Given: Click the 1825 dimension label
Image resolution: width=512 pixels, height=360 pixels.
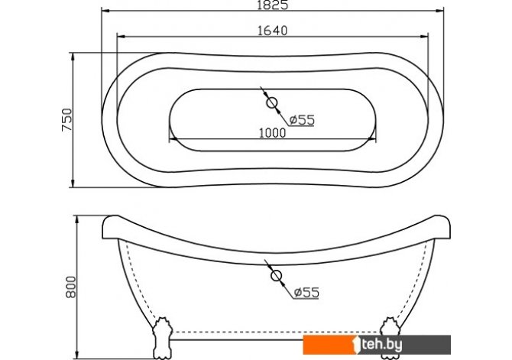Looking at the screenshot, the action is tap(273, 5).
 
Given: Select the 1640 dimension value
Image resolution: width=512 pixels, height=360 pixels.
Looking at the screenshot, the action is tap(273, 31).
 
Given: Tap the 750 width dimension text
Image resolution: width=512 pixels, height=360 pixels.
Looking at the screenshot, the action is tap(67, 120).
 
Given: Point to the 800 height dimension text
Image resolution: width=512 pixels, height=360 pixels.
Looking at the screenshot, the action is tap(71, 287).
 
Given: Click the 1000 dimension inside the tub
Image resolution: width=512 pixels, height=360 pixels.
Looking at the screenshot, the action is tap(272, 133).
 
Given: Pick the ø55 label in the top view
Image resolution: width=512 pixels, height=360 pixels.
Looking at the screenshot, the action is tap(302, 120).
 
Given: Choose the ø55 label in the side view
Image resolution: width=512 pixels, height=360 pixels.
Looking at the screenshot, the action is tap(306, 293).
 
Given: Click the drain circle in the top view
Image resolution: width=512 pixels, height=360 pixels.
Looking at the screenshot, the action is tap(272, 103).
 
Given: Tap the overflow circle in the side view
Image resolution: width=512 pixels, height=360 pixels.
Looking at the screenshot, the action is tap(276, 276).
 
